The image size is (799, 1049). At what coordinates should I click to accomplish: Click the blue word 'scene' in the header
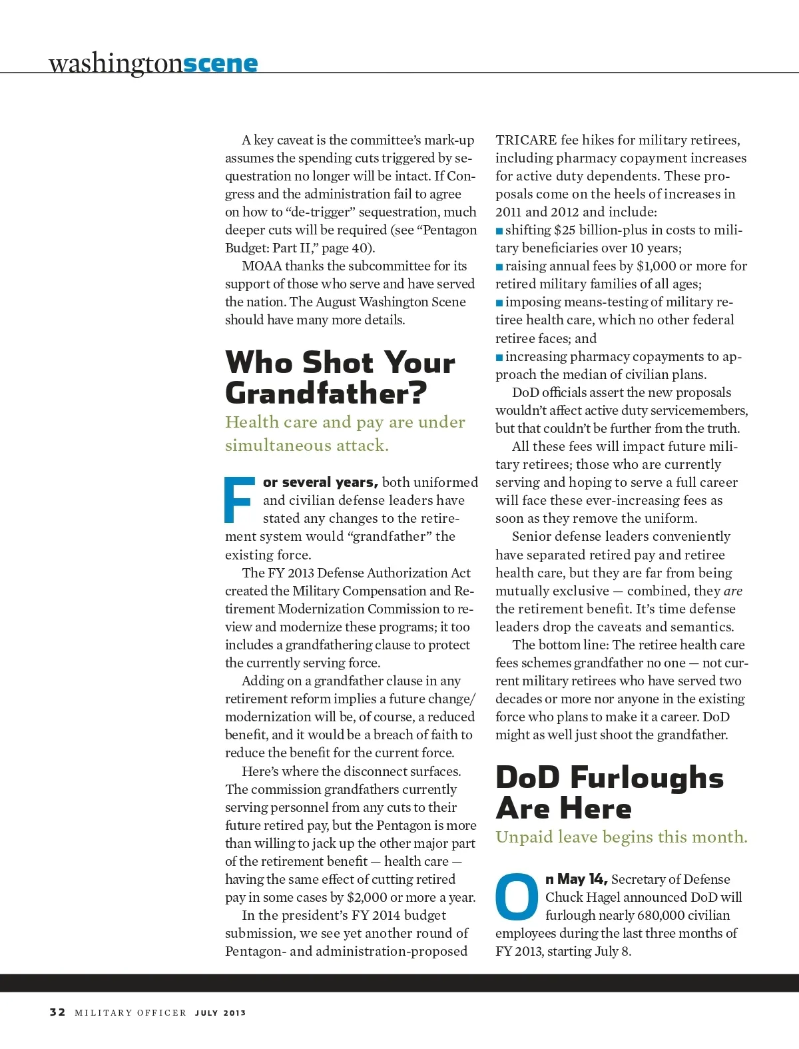(220, 63)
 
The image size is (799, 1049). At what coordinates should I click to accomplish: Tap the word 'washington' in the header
(115, 63)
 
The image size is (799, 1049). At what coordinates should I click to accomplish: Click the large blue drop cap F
(239, 499)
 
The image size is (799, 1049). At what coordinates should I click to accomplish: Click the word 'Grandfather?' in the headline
(326, 393)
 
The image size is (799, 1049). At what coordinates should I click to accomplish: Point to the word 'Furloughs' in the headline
(647, 777)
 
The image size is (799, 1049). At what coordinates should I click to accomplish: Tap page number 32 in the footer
(57, 1012)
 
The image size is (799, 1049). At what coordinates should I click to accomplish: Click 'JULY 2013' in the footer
(220, 1013)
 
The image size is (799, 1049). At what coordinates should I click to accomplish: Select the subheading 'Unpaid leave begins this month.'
(621, 837)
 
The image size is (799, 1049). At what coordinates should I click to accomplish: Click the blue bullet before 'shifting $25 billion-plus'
(499, 231)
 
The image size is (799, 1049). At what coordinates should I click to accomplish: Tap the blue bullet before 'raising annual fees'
(499, 267)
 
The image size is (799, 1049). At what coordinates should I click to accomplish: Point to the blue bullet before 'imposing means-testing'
(499, 303)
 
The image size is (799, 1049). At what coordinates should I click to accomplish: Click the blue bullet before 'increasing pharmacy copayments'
(499, 358)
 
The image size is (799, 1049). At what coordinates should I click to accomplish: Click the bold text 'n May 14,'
(576, 879)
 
